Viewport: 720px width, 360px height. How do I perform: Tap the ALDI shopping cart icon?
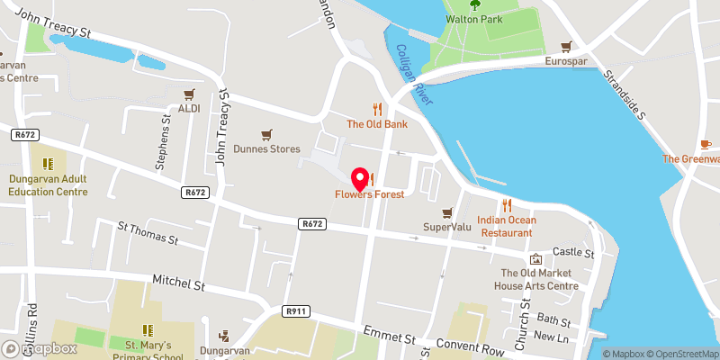pos(189,94)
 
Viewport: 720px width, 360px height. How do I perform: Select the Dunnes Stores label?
pos(267,148)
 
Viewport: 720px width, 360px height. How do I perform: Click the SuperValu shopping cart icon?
pos(446,212)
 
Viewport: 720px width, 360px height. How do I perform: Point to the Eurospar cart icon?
pos(567,46)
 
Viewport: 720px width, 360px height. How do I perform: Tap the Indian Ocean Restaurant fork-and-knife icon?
pos(507,204)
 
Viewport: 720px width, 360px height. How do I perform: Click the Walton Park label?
pos(473,20)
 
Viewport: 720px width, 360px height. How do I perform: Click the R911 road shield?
pos(295,310)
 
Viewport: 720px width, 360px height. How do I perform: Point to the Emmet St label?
pos(388,337)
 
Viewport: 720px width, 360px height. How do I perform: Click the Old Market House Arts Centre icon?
pos(536,259)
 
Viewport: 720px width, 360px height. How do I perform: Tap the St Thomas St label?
pos(148,235)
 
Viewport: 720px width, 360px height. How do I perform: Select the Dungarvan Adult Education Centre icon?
pos(48,164)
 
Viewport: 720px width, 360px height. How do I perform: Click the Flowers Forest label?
pos(369,194)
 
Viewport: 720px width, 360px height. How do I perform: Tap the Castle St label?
pos(574,254)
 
